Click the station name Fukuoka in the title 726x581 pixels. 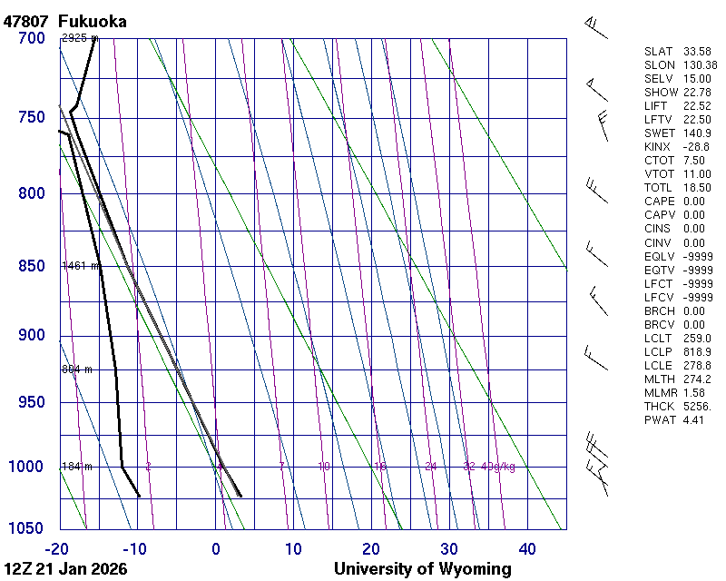92,21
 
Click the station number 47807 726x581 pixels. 26,21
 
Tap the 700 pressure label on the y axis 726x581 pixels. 31,38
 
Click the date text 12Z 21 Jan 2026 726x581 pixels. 65,569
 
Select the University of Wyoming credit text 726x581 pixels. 422,569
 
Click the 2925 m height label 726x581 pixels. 79,38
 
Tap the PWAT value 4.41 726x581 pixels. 694,420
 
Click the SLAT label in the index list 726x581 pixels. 660,52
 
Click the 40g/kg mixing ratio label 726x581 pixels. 498,467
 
